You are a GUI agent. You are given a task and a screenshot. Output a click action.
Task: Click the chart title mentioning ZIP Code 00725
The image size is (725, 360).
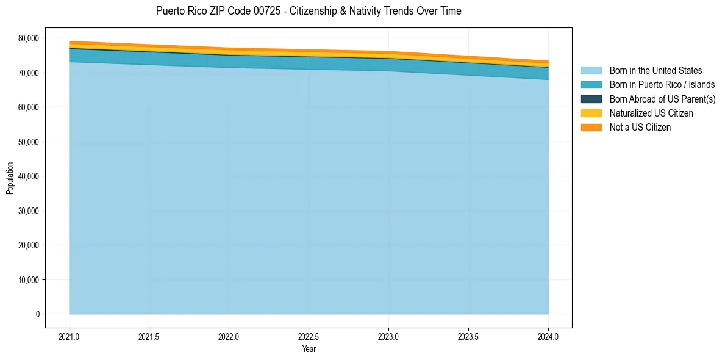[309, 11]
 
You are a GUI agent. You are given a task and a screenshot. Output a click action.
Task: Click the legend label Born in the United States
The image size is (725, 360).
[655, 71]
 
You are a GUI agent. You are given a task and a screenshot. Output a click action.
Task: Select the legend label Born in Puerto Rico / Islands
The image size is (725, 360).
[662, 85]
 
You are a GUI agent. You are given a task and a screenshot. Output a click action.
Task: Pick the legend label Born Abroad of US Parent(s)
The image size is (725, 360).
[662, 99]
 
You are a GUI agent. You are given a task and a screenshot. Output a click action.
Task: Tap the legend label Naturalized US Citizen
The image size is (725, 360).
[651, 113]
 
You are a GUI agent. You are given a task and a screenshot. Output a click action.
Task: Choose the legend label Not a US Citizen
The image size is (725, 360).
[640, 128]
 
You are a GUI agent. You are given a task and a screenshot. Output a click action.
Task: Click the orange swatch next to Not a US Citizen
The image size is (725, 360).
[591, 128]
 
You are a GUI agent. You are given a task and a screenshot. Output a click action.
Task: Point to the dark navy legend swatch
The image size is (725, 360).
[591, 99]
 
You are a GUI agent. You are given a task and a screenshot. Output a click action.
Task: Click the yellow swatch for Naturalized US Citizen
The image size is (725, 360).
[591, 113]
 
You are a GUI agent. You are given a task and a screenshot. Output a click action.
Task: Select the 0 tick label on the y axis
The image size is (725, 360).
[37, 314]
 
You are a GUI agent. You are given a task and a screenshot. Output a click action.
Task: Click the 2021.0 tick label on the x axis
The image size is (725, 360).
[70, 337]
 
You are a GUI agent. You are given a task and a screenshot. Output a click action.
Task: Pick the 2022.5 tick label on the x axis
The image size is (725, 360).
[309, 337]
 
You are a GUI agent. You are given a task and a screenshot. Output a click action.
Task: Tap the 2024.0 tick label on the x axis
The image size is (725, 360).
[548, 337]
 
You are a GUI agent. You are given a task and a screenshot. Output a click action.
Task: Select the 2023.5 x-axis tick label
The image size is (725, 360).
[468, 337]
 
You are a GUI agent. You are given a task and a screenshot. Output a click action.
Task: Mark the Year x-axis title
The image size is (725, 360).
[309, 350]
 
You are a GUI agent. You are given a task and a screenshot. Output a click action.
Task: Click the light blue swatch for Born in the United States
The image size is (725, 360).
[591, 71]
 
